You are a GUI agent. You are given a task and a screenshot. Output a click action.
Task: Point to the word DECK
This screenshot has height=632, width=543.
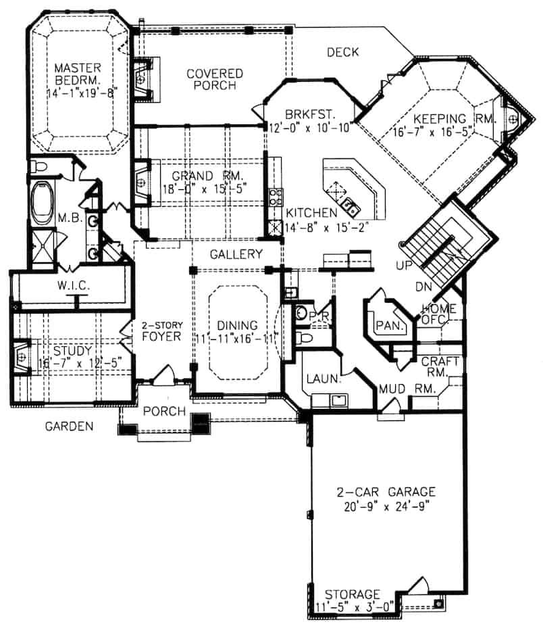click(x=342, y=52)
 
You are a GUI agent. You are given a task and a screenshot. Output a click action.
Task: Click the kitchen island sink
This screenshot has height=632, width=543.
click(x=348, y=205)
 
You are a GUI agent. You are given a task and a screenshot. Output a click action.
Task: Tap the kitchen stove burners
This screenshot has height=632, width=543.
click(x=276, y=197)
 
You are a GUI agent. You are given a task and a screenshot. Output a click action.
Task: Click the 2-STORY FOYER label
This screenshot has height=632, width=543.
click(x=163, y=329)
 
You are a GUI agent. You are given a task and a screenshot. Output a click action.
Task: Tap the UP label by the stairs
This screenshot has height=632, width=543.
click(x=405, y=266)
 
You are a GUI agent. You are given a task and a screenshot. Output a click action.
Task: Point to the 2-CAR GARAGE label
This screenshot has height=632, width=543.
click(x=387, y=491)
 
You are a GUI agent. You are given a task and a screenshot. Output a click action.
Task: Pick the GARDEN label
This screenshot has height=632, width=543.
click(x=69, y=426)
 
